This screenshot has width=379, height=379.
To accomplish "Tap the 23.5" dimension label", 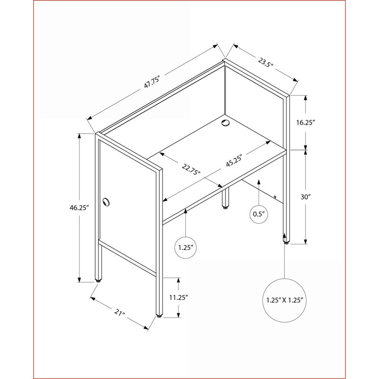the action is click(x=265, y=63).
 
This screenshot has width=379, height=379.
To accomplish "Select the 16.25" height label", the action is click(x=306, y=123).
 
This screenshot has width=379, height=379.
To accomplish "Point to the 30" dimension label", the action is click(x=306, y=197).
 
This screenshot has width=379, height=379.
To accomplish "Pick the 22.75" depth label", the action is click(x=191, y=170).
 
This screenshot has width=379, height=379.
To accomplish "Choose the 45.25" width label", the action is click(x=234, y=160).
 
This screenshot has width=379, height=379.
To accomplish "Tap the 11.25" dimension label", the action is click(x=179, y=298).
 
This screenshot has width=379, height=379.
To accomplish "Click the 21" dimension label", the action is click(x=119, y=313).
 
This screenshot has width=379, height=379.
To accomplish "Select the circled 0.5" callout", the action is click(x=259, y=214).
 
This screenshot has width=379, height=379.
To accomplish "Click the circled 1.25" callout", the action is click(x=186, y=248).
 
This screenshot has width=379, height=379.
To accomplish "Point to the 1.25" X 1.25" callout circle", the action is click(x=285, y=300).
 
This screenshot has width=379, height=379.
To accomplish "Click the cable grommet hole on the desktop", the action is click(x=226, y=123).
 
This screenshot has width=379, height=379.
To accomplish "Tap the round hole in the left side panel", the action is click(x=106, y=202).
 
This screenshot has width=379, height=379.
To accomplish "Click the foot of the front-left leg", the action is click(x=159, y=316).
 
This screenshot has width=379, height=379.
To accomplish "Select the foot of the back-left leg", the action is click(x=98, y=281).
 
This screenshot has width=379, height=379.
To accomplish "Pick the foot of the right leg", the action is click(x=287, y=243).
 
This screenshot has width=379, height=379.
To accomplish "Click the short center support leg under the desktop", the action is click(x=226, y=198).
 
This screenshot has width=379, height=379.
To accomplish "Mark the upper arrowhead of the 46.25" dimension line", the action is click(x=79, y=135).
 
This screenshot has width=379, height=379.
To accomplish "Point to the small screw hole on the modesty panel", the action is click(x=275, y=197).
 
